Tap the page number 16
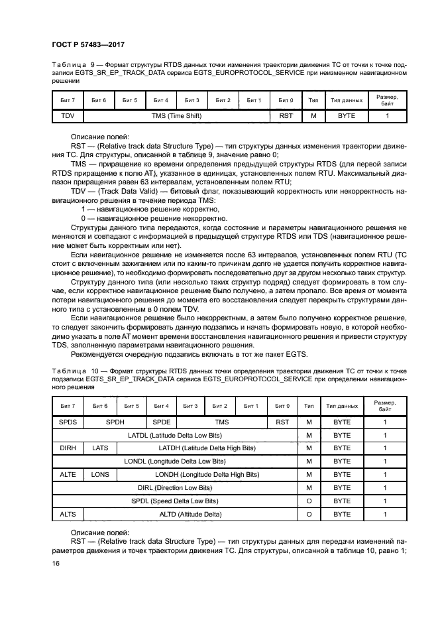56,562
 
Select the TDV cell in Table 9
68,115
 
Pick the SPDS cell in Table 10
68,421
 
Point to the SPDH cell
115,421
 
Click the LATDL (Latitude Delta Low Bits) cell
175,435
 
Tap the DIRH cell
68,448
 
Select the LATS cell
100,448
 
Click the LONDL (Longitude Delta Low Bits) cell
175,461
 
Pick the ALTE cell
68,474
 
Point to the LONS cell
100,474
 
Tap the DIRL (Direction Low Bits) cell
175,487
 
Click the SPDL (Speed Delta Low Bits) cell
175,501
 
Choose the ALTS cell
68,514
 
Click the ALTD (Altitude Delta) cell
191,514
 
